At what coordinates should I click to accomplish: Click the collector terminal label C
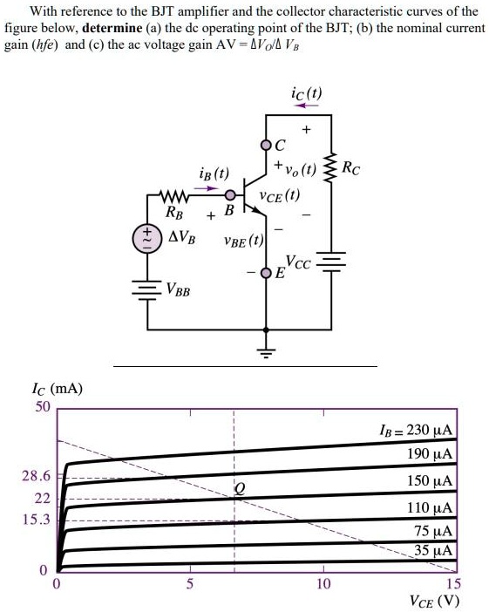click(x=279, y=146)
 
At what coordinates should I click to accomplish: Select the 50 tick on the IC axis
click(x=43, y=408)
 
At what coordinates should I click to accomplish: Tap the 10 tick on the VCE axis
click(x=323, y=583)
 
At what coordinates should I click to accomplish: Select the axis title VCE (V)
click(x=433, y=602)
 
